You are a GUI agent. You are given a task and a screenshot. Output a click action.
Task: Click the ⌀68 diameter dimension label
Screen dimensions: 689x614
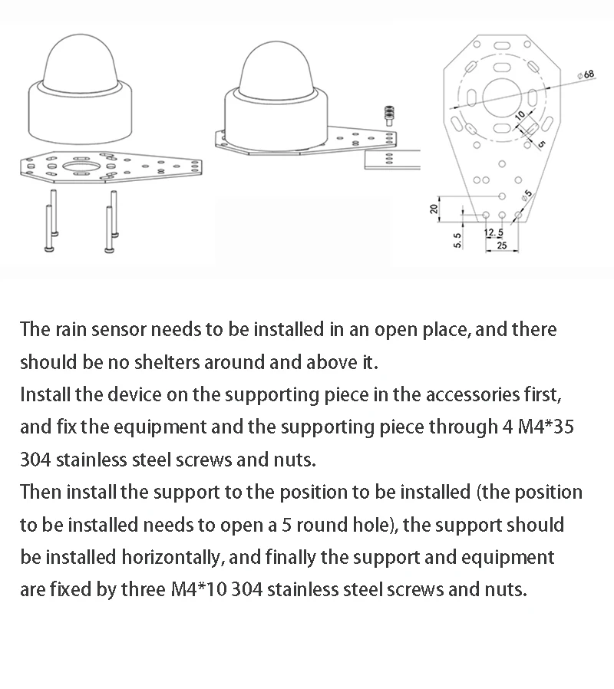coord(588,74)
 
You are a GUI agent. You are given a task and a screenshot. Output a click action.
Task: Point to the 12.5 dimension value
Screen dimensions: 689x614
coord(494,232)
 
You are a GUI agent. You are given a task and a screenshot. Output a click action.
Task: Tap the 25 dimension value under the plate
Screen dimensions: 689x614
coord(502,246)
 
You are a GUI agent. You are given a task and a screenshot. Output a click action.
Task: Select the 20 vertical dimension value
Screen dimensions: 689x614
coord(434,208)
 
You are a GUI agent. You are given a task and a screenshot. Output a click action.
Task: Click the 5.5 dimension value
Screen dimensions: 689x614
coord(457,239)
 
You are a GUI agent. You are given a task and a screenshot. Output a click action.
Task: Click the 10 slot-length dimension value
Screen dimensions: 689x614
coord(520,115)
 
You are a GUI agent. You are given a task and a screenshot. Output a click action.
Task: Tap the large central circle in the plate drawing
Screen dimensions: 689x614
coord(503,97)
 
